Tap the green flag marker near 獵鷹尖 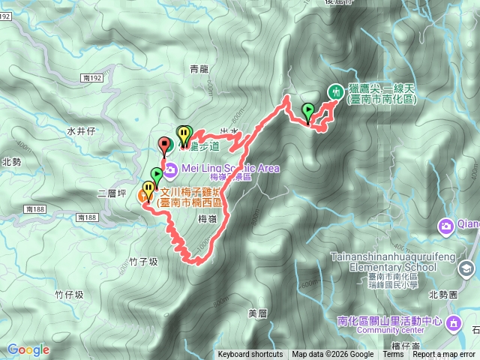307,112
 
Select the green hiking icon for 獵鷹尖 335,91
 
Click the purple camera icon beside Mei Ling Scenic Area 172,169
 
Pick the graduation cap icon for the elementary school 466,268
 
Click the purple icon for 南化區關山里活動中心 454,323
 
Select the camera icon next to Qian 446,225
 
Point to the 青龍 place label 199,69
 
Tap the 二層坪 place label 111,193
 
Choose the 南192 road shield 93,77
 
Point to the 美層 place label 256,313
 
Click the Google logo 28,349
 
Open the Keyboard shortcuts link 250,355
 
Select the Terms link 394,355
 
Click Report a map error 444,355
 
